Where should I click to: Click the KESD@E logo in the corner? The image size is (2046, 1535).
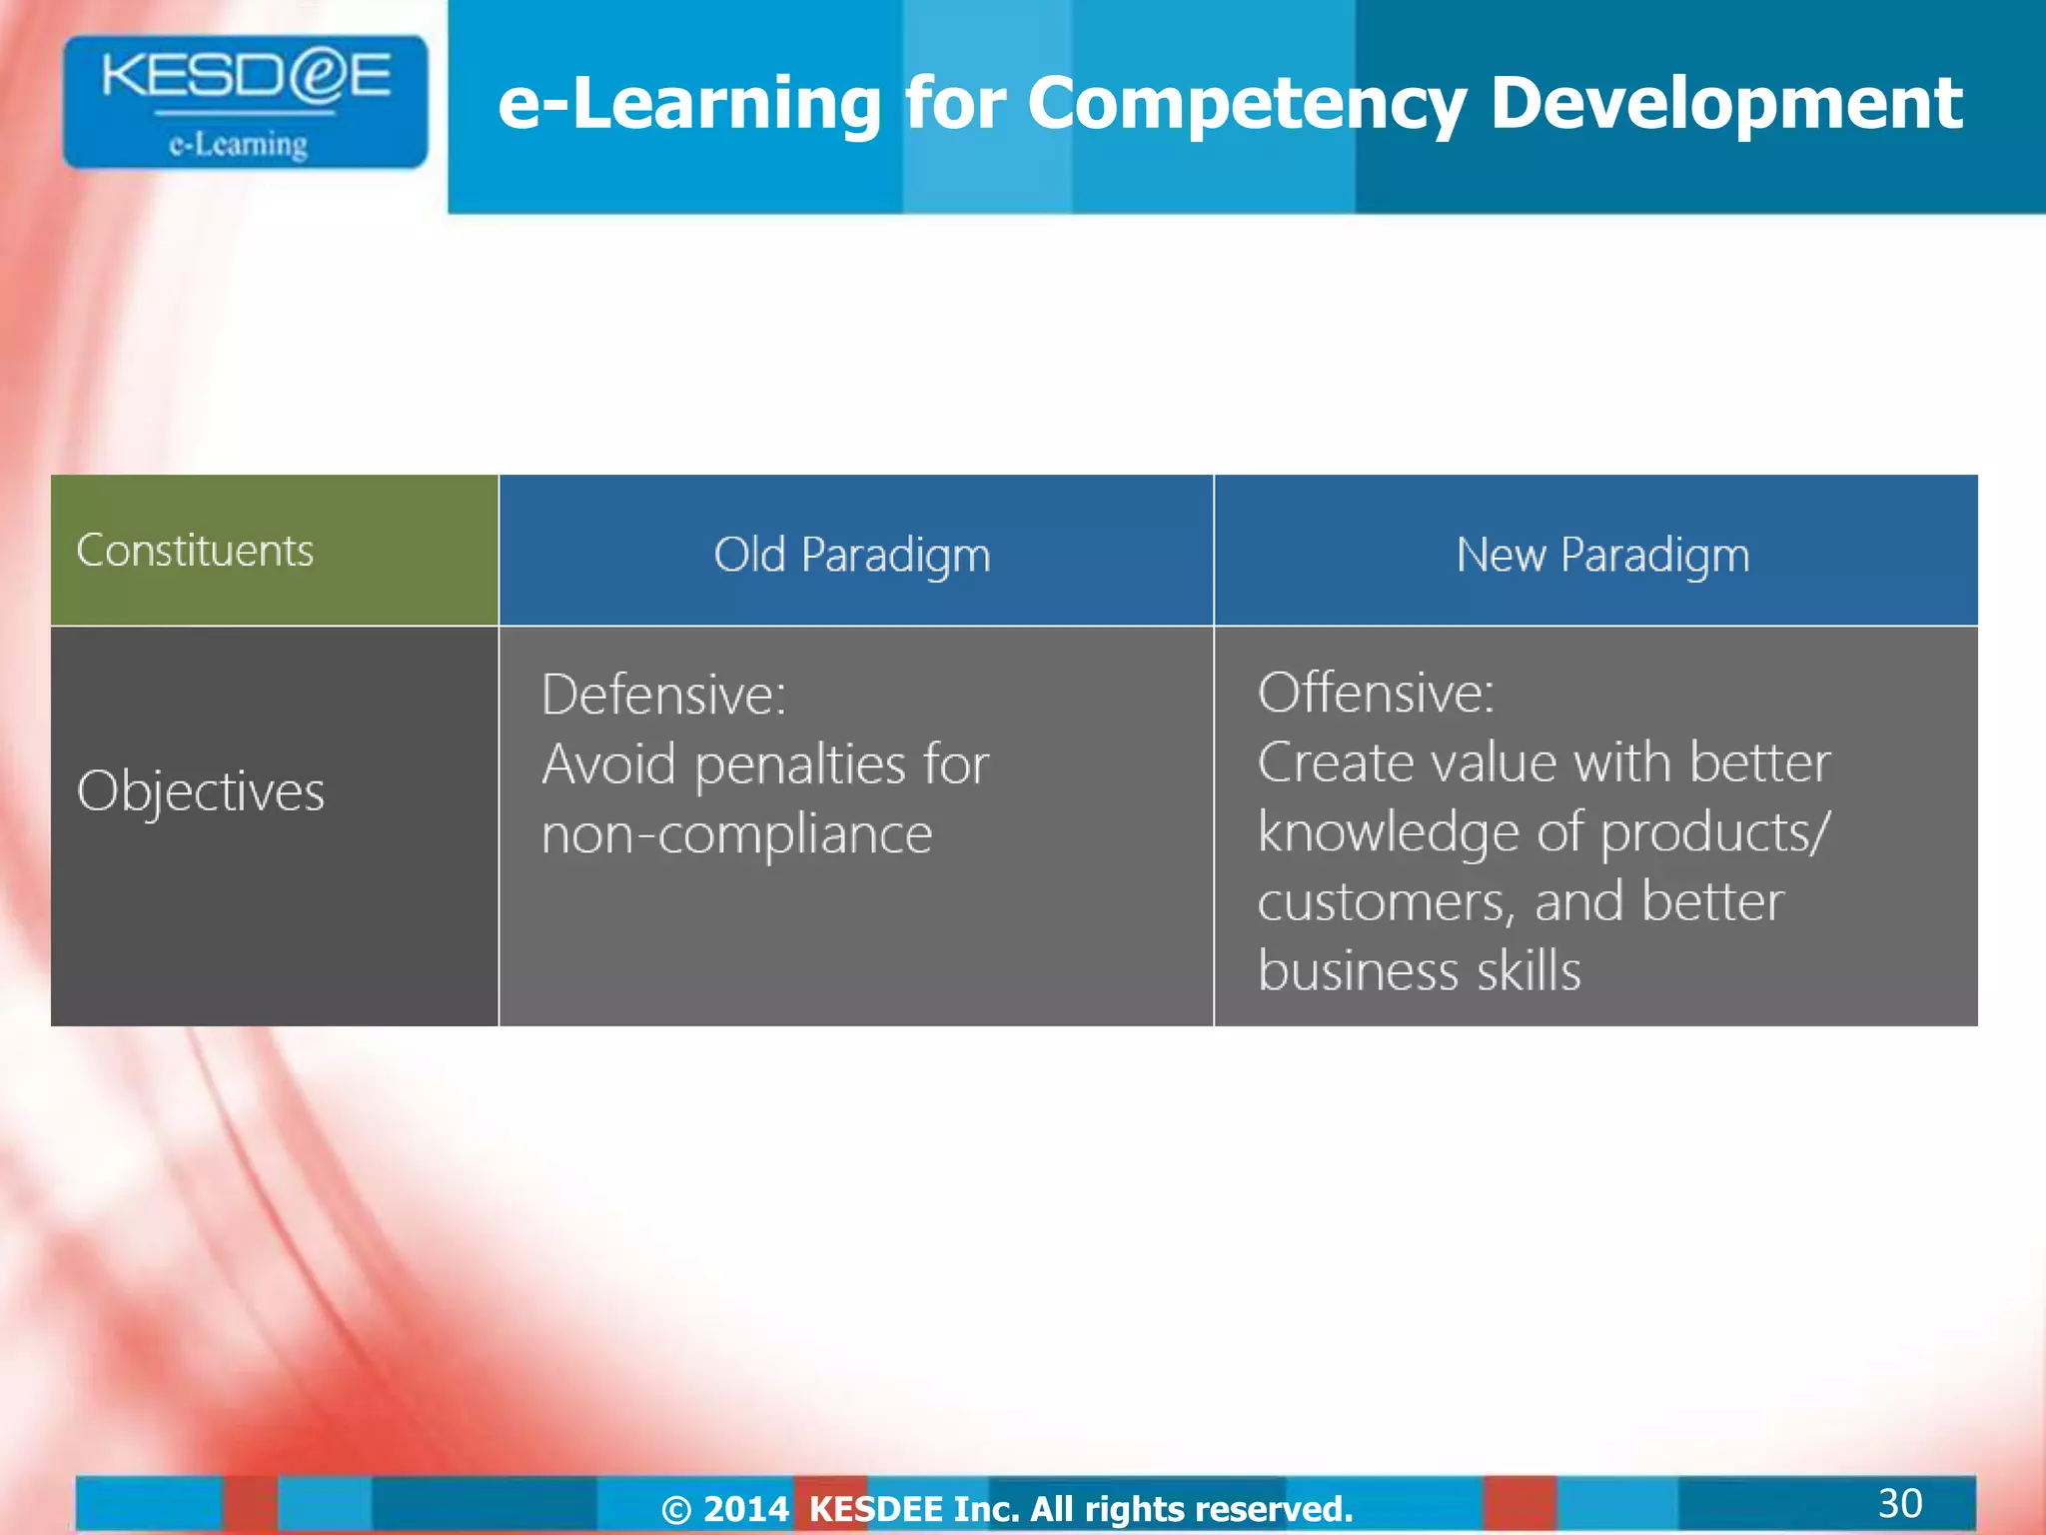pyautogui.click(x=245, y=101)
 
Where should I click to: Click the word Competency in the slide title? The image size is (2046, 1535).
pyautogui.click(x=1246, y=105)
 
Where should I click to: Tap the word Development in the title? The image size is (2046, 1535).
pyautogui.click(x=1725, y=103)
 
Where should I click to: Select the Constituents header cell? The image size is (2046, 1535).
pyautogui.click(x=195, y=551)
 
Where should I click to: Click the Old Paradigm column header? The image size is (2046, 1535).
pyautogui.click(x=852, y=555)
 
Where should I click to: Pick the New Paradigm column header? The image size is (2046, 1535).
pyautogui.click(x=1602, y=555)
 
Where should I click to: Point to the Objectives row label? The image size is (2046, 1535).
pyautogui.click(x=201, y=791)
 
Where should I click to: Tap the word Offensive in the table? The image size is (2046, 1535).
pyautogui.click(x=1376, y=693)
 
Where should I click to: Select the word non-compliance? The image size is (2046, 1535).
pyautogui.click(x=736, y=834)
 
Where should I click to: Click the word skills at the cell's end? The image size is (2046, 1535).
pyautogui.click(x=1529, y=971)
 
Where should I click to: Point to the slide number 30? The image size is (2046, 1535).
pyautogui.click(x=1899, y=1503)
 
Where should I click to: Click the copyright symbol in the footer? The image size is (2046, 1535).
pyautogui.click(x=676, y=1509)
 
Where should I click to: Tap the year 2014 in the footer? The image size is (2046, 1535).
pyautogui.click(x=745, y=1509)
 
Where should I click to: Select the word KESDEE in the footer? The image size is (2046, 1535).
pyautogui.click(x=875, y=1509)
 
